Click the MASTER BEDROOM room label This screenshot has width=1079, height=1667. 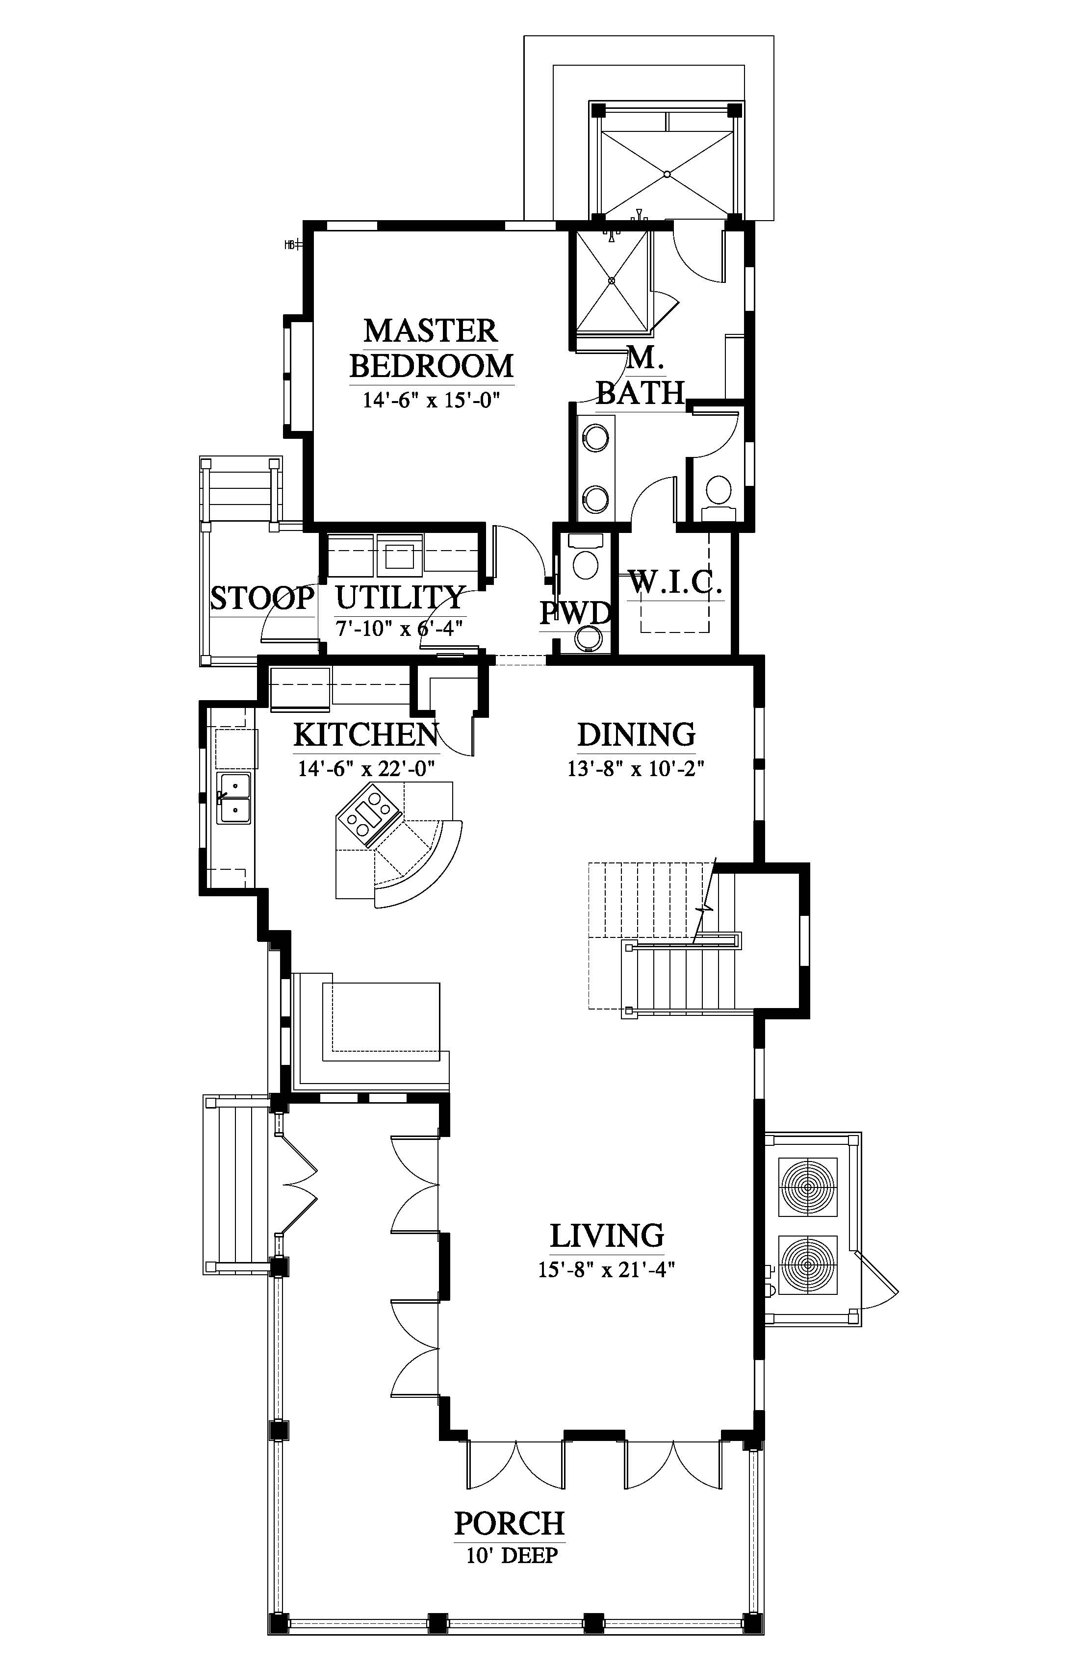tap(431, 348)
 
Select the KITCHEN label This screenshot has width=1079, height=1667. tap(366, 735)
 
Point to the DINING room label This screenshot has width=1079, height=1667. tap(636, 735)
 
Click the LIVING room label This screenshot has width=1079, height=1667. tap(607, 1236)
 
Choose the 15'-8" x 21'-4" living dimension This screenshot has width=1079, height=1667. tap(606, 1270)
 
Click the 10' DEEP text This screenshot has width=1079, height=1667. tap(512, 1556)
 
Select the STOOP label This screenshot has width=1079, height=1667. tap(262, 598)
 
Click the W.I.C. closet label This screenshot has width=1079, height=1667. tap(675, 581)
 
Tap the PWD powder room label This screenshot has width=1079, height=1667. tap(575, 613)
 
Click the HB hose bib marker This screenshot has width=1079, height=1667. tap(292, 245)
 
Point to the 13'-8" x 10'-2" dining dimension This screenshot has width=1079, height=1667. tap(636, 768)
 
